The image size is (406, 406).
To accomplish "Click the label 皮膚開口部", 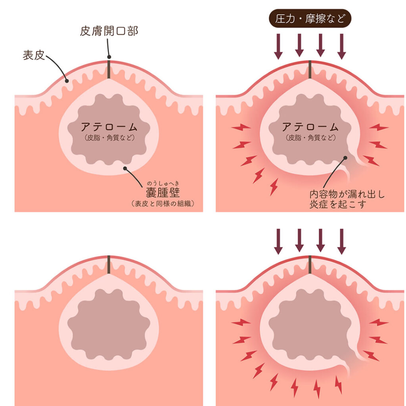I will click(x=109, y=31).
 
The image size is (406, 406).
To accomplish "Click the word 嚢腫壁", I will click(x=163, y=193).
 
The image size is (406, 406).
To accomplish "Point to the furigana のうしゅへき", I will click(x=163, y=183).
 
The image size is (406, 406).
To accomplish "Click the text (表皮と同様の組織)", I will click(x=163, y=204).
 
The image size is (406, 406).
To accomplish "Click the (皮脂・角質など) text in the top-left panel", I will click(x=109, y=138).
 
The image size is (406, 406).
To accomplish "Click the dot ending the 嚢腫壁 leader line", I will click(x=125, y=168).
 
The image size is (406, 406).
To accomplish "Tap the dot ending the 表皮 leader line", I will click(x=67, y=81).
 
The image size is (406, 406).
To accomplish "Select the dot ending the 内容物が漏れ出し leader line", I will click(x=346, y=158).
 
